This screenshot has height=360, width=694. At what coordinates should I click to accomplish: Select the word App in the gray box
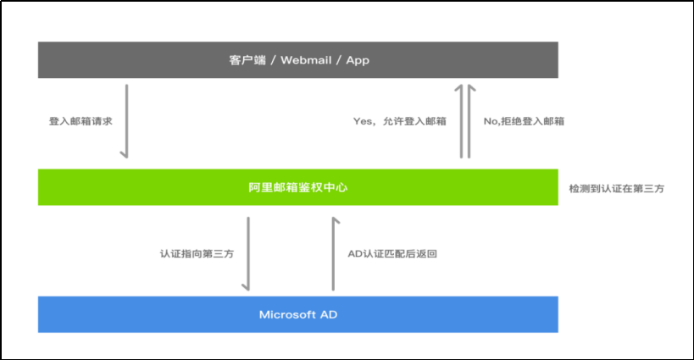coord(357,60)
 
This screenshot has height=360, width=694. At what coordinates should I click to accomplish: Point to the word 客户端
coord(244,60)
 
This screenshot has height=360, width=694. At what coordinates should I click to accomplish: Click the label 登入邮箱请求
coord(81,121)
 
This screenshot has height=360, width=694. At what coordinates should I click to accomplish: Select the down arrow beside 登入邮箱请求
coord(125,120)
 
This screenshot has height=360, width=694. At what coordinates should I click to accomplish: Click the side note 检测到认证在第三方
coord(616,188)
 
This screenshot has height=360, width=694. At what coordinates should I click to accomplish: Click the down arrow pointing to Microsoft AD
coord(247,253)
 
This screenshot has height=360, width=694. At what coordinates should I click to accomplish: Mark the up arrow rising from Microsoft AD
coord(336,253)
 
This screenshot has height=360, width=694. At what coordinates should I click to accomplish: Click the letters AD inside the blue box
coord(329,315)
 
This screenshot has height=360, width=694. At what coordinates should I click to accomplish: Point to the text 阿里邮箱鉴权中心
coord(297,187)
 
